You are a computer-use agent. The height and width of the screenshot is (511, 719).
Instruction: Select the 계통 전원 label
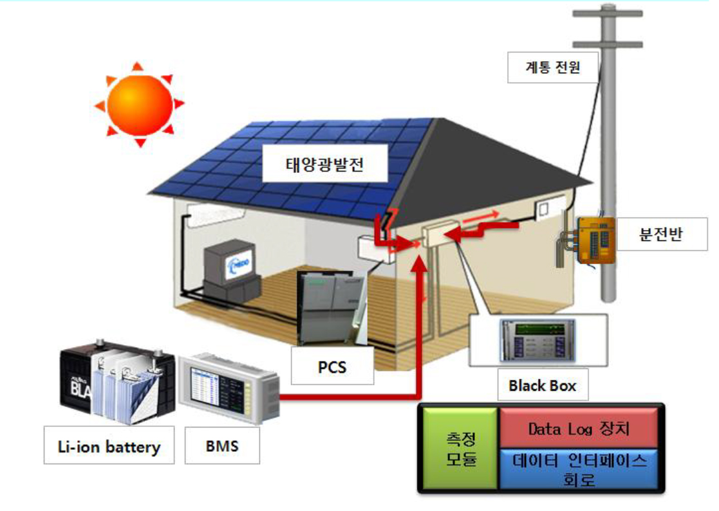(x=553, y=66)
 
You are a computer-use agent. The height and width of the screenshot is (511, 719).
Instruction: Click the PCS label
(x=332, y=366)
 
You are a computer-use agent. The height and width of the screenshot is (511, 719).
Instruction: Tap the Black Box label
(x=542, y=386)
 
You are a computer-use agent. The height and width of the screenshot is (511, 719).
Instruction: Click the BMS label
(x=222, y=445)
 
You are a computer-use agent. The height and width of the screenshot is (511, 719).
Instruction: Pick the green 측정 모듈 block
(x=460, y=448)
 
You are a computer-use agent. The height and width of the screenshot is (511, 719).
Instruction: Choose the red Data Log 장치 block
(x=579, y=427)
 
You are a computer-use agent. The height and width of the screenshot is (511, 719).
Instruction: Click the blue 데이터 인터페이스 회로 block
(x=579, y=469)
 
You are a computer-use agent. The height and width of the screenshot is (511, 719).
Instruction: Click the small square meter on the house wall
(x=545, y=210)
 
